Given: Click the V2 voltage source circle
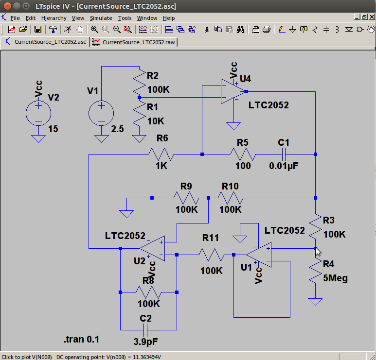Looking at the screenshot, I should (x=38, y=113).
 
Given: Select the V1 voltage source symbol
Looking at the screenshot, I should (x=101, y=113).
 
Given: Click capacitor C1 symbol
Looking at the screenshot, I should (x=284, y=154).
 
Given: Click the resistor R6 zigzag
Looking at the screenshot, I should (x=161, y=154).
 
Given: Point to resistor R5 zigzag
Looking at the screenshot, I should (x=243, y=154).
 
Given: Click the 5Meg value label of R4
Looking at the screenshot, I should (x=336, y=278).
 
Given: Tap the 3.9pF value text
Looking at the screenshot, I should (x=146, y=342).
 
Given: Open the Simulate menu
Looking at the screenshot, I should (x=101, y=18).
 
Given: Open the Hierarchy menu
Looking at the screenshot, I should (x=54, y=18).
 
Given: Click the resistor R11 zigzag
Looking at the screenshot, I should (x=211, y=254).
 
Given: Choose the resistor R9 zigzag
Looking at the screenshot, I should (x=185, y=198).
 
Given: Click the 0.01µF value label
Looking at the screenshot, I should (x=284, y=166).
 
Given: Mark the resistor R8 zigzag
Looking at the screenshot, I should (x=148, y=292).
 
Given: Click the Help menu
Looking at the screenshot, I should (x=169, y=18).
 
